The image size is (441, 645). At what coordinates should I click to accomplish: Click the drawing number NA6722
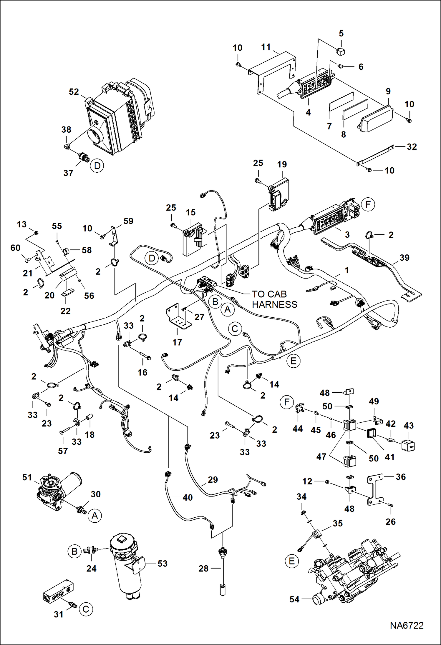[407, 625]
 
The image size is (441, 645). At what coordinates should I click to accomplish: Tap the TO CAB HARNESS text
[274, 299]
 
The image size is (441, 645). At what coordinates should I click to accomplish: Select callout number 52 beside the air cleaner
[74, 92]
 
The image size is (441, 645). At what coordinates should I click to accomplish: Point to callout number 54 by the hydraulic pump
[294, 599]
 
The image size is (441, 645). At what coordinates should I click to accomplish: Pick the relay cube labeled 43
[408, 446]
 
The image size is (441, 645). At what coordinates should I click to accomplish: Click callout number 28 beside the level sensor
[203, 568]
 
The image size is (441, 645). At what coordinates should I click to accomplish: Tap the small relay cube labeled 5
[341, 51]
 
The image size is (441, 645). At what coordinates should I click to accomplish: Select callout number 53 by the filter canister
[163, 563]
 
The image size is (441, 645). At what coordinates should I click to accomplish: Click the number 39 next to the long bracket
[404, 258]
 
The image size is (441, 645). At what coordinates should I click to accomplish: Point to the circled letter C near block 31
[86, 609]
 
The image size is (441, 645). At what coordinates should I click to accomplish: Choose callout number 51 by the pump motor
[27, 477]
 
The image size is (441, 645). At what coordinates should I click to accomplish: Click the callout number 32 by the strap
[412, 146]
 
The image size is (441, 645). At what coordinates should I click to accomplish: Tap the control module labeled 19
[279, 194]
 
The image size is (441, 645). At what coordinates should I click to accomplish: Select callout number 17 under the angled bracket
[177, 342]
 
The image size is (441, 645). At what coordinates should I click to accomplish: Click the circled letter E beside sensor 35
[292, 561]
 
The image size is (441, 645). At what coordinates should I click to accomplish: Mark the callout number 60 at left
[15, 248]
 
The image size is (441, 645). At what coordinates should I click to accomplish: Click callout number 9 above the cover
[388, 91]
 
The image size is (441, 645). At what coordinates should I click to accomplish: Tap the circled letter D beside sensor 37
[97, 166]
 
